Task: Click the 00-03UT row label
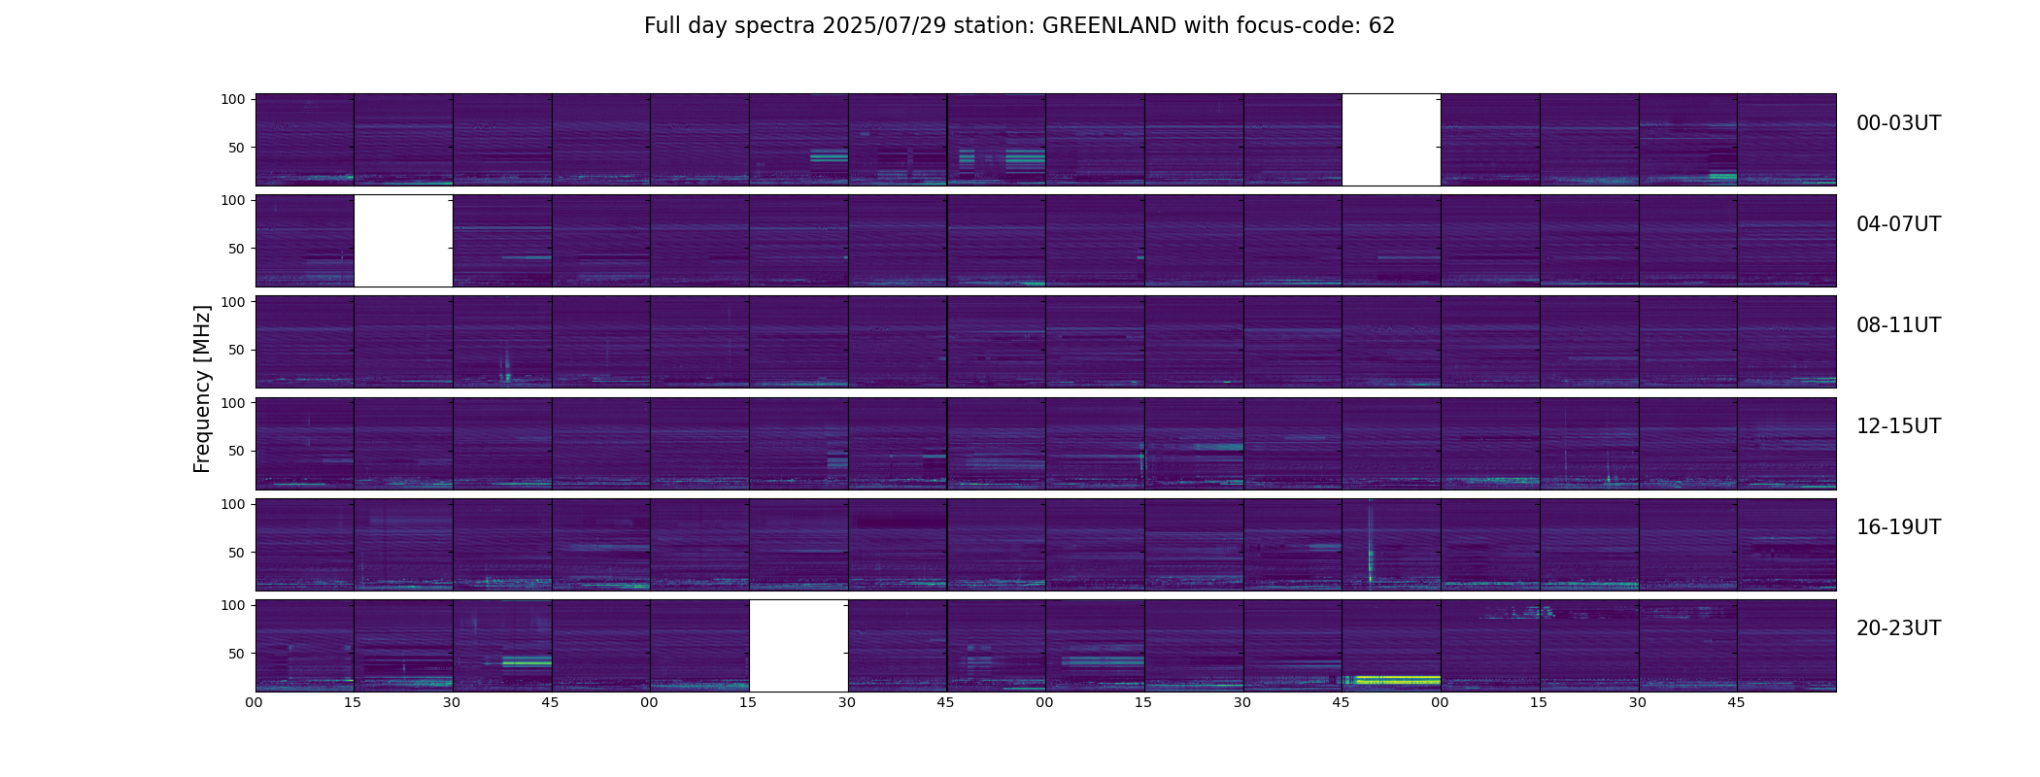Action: tap(1898, 123)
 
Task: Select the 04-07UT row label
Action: tap(1898, 224)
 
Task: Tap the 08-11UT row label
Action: tap(1898, 325)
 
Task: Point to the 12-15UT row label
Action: tap(1898, 426)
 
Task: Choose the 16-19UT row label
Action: tap(1898, 527)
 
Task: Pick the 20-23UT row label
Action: tap(1898, 628)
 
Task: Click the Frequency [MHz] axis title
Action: tap(202, 388)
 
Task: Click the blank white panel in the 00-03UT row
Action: tap(1391, 140)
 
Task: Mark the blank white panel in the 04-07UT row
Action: tap(403, 241)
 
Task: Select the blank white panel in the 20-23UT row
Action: tap(799, 646)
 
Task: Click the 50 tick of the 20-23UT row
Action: tap(236, 654)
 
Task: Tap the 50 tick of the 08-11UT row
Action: tap(236, 350)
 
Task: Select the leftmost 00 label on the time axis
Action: tap(254, 702)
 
